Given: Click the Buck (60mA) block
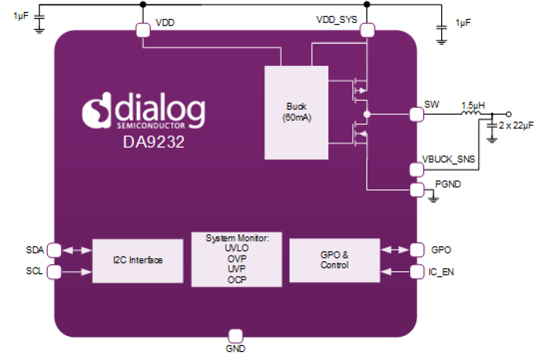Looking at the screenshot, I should [296, 112].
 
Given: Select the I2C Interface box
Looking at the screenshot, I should [138, 260].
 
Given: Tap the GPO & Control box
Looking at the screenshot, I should [334, 260].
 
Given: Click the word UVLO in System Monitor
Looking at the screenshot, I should [236, 249].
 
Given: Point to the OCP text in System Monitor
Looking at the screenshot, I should [236, 279].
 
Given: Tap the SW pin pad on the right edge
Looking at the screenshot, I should [416, 114].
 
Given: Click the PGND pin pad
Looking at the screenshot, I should [416, 189].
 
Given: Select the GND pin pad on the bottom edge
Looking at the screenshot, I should [235, 336].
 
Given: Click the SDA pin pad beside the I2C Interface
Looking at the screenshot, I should [54, 250].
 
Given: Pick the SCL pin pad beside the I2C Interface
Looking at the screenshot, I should [54, 272].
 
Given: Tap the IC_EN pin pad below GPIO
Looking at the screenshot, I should [416, 272].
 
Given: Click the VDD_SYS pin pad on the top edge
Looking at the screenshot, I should [367, 30].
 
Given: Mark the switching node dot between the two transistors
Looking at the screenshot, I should [367, 114].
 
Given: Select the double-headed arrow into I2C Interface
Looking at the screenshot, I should [77, 250].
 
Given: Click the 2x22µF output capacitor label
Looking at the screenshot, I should [516, 125].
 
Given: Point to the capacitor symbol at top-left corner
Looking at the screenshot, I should [39, 17].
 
